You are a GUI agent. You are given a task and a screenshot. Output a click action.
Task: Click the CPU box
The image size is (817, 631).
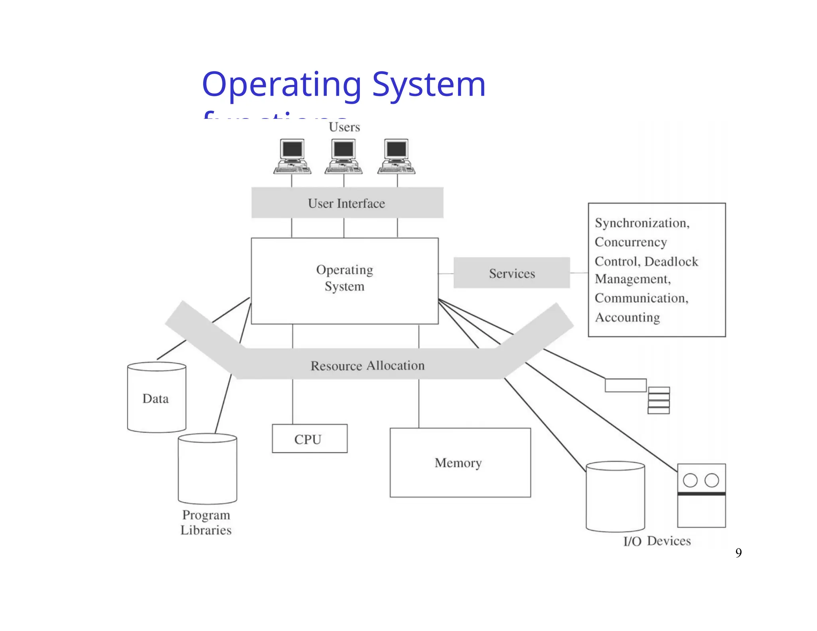point(309,438)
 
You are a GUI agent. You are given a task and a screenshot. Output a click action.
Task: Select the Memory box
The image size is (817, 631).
point(460,462)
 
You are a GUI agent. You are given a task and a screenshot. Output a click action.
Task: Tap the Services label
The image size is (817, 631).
point(511,273)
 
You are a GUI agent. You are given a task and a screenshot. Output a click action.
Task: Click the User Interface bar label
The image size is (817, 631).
point(346,203)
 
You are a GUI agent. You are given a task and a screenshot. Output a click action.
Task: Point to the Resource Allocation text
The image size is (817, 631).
point(367,365)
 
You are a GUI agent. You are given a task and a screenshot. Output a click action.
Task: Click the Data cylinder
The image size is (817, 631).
point(156,398)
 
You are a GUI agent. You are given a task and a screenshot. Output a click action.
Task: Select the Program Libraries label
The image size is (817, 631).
point(206,522)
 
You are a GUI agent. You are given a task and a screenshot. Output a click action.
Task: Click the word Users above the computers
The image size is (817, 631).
point(344,127)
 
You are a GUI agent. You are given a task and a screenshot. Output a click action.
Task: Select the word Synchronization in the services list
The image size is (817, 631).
point(641,223)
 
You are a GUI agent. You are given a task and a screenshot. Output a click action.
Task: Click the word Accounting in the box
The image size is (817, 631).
point(628,317)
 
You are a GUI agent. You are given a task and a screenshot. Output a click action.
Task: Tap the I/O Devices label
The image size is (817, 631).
point(657,541)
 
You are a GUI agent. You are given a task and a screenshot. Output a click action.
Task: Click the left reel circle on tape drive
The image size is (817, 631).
point(690,480)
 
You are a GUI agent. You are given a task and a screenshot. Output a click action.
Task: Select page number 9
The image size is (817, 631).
point(738,552)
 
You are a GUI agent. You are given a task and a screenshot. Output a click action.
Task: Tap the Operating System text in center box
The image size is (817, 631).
point(345,278)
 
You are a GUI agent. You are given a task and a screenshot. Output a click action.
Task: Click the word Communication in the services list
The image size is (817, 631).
point(641,298)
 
